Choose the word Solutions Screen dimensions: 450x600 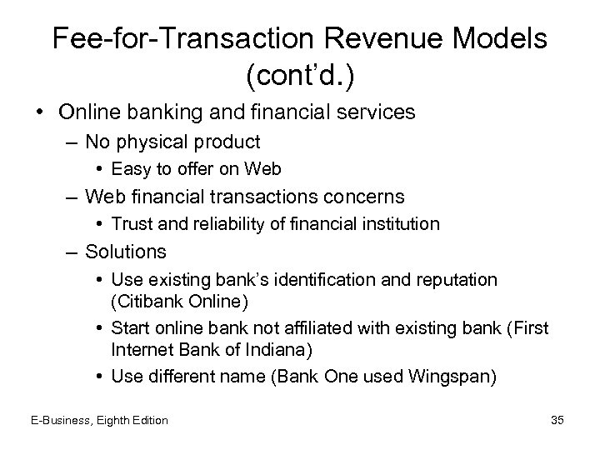tap(125, 251)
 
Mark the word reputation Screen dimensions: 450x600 tap(452, 279)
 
